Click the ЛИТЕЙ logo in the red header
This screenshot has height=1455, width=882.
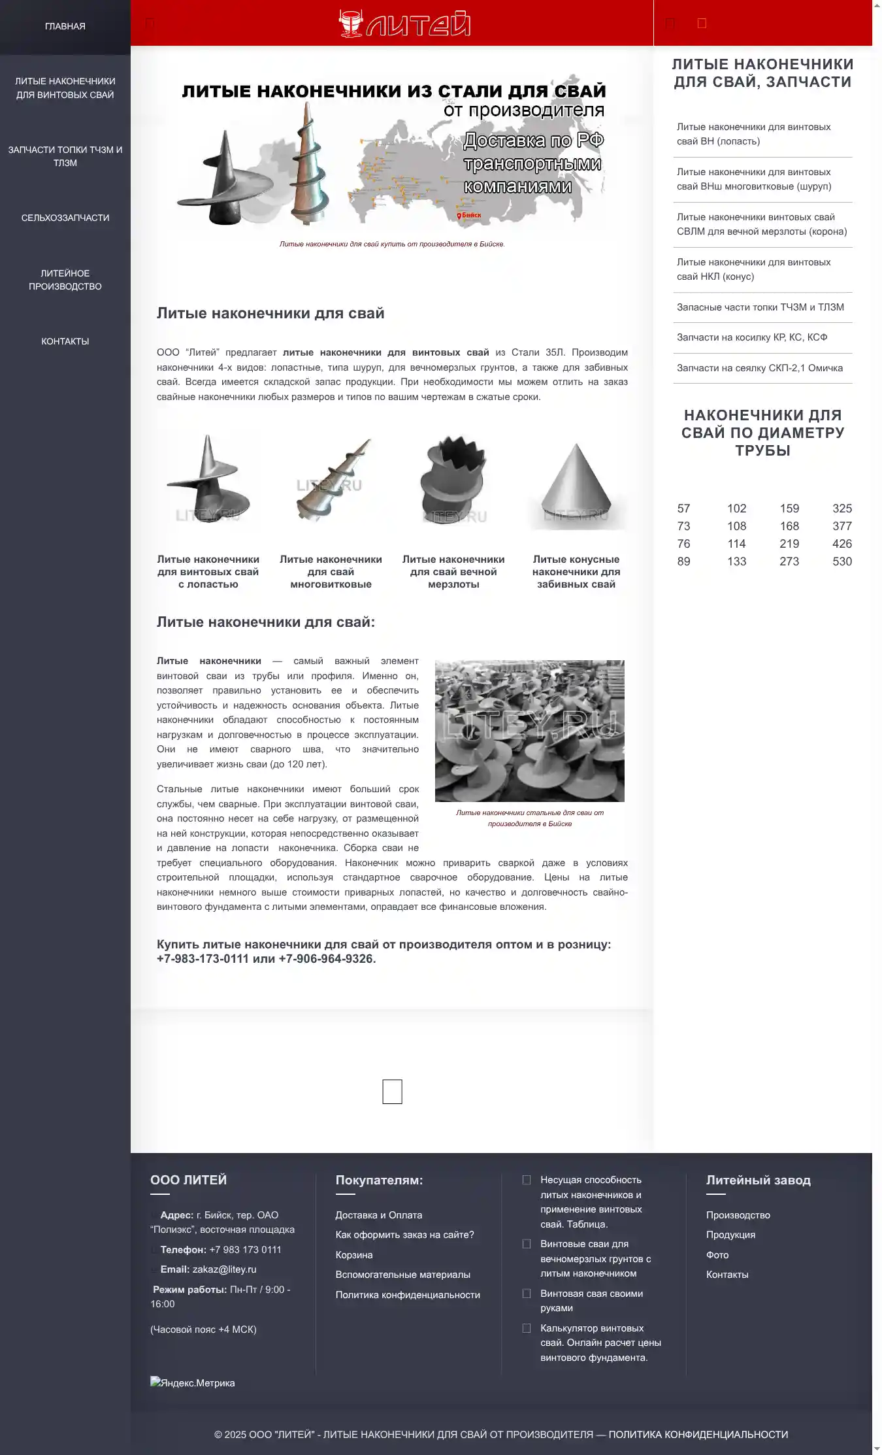(405, 24)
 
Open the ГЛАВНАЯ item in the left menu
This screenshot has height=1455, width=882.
(65, 26)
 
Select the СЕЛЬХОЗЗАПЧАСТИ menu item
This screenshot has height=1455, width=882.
(65, 218)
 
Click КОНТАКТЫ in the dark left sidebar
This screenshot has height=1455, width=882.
(65, 341)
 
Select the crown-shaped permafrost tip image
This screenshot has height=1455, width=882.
(453, 480)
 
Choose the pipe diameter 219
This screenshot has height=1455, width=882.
(789, 544)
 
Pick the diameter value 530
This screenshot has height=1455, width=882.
(841, 561)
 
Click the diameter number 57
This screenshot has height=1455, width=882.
(683, 509)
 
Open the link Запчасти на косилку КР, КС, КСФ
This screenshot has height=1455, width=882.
(751, 337)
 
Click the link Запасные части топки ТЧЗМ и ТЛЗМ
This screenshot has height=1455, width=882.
(760, 307)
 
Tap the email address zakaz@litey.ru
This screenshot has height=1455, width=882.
(224, 1269)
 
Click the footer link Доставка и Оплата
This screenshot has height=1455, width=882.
(378, 1215)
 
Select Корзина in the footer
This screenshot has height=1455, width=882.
(354, 1255)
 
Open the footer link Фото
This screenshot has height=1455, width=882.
(717, 1255)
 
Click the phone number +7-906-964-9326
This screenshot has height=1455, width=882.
(326, 959)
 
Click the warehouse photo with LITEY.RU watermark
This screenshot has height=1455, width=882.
(529, 731)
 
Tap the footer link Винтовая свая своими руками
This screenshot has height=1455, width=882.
(591, 1301)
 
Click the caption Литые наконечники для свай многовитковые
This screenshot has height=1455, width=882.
(331, 572)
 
